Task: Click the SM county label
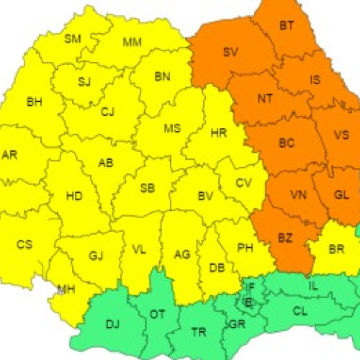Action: point(73,39)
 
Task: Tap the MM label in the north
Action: point(132,42)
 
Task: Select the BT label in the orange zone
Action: point(287,26)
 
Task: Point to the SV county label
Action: point(230,52)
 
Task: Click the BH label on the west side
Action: point(34,102)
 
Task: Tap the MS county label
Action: point(172,129)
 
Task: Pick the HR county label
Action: point(219,134)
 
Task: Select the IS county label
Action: point(315,80)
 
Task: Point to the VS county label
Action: point(342,134)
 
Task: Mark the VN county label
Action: point(297,195)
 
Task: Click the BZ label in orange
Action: point(286,237)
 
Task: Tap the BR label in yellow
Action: point(336,249)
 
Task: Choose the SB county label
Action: point(147,189)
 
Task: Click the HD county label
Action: point(73,196)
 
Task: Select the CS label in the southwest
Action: point(24,245)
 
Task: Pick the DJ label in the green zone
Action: point(113,324)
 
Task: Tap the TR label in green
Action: point(199,332)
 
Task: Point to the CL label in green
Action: point(300,311)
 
